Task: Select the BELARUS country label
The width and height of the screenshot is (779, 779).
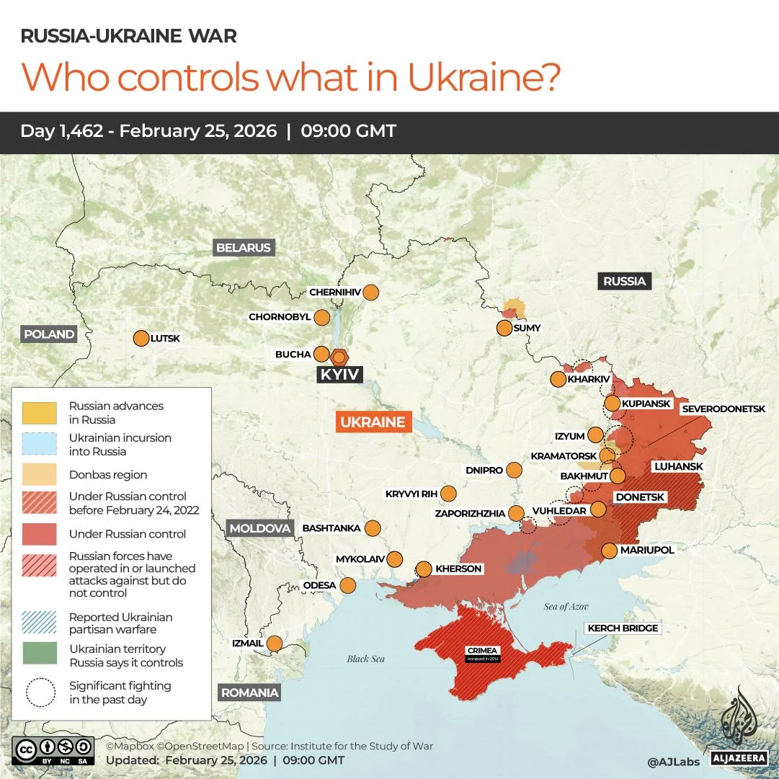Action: point(244,248)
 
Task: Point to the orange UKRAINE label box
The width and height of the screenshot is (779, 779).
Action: point(373,422)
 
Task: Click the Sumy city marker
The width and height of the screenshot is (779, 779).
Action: point(504,328)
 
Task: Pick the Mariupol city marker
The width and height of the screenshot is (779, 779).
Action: point(609,551)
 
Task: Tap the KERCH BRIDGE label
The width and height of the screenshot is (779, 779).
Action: point(623,628)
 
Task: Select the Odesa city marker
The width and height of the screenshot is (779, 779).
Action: point(348,585)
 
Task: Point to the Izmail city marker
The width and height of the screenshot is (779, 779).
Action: point(275,644)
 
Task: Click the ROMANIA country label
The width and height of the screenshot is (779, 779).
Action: point(249,693)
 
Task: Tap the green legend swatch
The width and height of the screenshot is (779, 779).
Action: point(40,653)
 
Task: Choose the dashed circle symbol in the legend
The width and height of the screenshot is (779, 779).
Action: point(40,693)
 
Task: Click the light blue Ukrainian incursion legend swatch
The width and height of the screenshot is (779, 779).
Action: point(40,444)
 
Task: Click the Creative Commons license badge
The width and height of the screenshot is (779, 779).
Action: point(53,749)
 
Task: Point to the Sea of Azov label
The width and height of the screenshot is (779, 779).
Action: point(566,607)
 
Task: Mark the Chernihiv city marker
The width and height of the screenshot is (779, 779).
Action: point(371,293)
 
